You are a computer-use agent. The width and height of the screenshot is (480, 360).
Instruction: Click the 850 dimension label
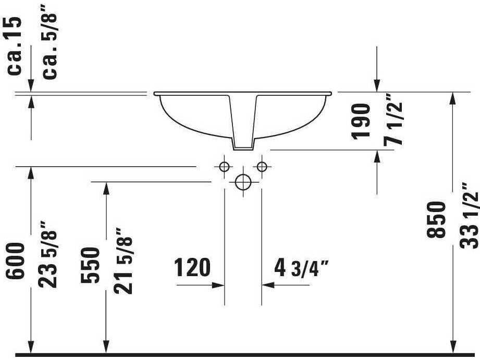[x=437, y=219]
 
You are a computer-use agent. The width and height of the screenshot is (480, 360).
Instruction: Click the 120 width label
[x=192, y=268]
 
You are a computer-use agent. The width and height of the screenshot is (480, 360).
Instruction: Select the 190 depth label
[x=361, y=121]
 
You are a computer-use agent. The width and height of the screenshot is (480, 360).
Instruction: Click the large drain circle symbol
[x=243, y=182]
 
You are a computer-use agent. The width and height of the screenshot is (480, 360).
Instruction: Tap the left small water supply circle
[x=224, y=167]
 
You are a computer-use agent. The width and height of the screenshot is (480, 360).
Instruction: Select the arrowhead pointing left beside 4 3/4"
[x=268, y=285]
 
